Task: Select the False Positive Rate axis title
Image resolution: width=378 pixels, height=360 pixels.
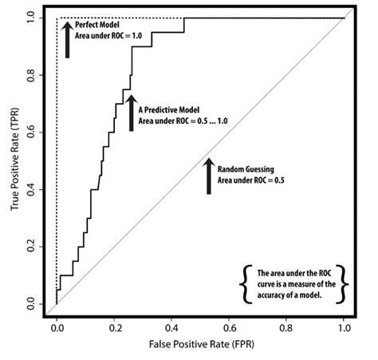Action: tap(200, 346)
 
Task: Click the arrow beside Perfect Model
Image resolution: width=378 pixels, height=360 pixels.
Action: tap(68, 40)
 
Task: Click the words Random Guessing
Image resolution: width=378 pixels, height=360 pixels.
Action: tap(246, 171)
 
